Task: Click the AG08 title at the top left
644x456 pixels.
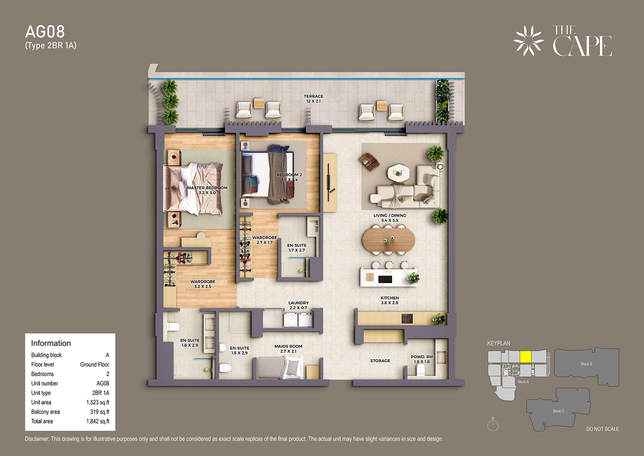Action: [45, 32]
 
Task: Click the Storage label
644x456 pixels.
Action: [380, 361]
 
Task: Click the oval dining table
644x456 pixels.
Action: [389, 240]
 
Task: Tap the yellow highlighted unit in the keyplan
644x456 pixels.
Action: [525, 357]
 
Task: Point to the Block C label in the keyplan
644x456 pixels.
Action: [558, 411]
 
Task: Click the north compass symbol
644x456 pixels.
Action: [493, 424]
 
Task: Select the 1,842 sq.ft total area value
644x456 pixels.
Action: [98, 421]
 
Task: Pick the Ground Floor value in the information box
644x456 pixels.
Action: [94, 364]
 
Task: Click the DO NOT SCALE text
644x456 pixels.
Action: [602, 429]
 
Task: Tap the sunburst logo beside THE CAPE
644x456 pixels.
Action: [528, 41]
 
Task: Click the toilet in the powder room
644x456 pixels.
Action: [421, 370]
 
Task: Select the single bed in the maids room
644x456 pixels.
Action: [280, 368]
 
